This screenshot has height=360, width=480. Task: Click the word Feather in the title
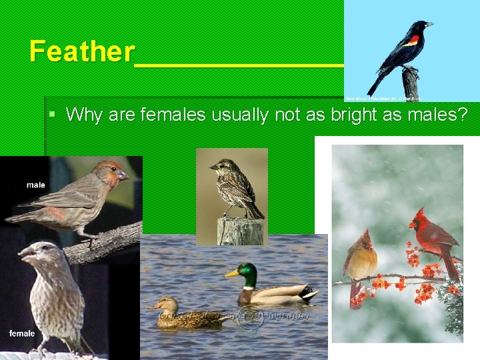coord(81,51)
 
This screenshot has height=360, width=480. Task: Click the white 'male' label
coord(36,185)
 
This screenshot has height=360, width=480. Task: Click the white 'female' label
coord(22,333)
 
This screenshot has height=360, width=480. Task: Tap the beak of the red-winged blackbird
coord(429,25)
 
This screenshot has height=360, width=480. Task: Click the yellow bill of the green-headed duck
coord(231,273)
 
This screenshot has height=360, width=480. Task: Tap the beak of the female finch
coord(25,254)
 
